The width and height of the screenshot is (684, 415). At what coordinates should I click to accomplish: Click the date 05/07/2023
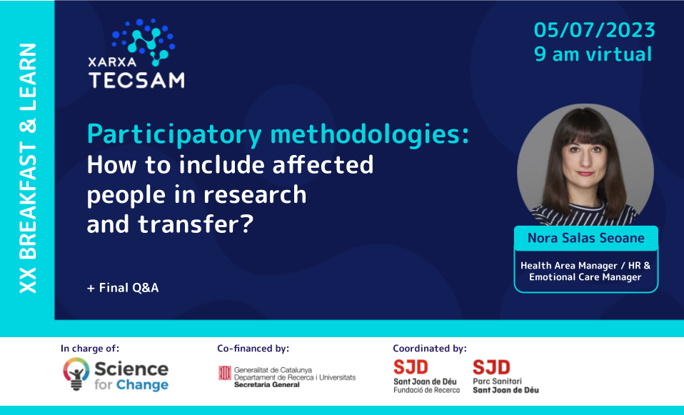click(x=594, y=31)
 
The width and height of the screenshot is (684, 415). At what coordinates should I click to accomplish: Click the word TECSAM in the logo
click(x=136, y=79)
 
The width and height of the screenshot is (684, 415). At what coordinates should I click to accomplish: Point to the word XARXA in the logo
click(x=109, y=62)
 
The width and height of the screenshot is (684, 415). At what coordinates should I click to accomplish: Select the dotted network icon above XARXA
click(x=146, y=39)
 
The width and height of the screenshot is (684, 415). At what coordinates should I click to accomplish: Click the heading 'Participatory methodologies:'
click(x=278, y=134)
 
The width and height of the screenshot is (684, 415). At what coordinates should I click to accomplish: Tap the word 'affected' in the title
click(x=328, y=165)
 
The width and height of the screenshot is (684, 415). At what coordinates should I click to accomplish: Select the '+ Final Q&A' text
click(x=123, y=288)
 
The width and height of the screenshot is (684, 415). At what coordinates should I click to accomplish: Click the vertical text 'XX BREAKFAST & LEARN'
click(x=28, y=168)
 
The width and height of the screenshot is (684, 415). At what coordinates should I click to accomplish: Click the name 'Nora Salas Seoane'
click(x=585, y=238)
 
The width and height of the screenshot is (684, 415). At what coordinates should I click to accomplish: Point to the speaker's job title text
click(x=585, y=271)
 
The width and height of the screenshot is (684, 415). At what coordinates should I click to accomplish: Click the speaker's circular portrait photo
click(x=585, y=164)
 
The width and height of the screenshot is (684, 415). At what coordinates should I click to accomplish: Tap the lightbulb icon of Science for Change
click(x=76, y=374)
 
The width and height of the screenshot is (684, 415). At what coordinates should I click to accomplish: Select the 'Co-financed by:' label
click(x=253, y=349)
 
